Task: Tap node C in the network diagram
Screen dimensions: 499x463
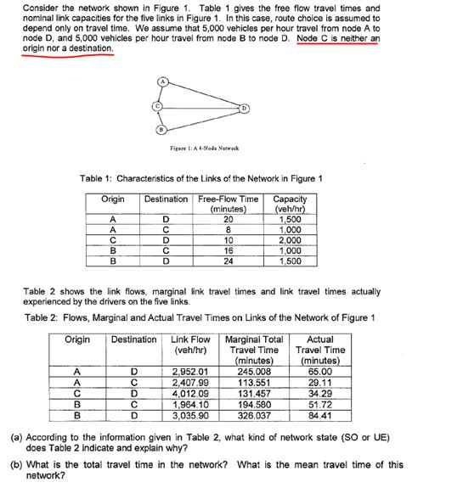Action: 155,106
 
